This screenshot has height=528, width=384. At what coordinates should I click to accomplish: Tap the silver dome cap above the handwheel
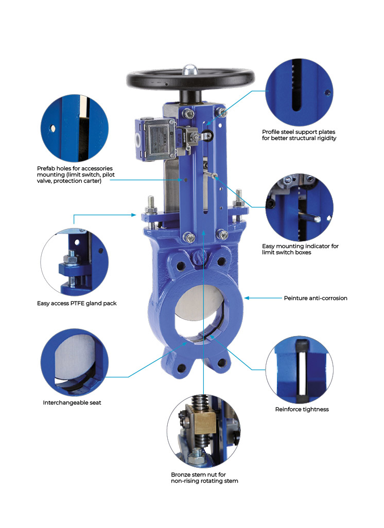[x=189, y=69]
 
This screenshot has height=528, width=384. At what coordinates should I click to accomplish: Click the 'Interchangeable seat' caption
[x=72, y=402]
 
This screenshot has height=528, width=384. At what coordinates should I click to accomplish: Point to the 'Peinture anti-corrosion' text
[x=316, y=298]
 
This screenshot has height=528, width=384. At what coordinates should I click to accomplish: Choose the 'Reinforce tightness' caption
[x=302, y=409]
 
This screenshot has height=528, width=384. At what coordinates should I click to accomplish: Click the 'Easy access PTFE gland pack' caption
[x=77, y=304]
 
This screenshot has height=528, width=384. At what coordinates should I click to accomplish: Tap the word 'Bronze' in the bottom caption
[x=180, y=474]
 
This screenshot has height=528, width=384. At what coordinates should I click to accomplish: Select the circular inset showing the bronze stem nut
[x=203, y=431]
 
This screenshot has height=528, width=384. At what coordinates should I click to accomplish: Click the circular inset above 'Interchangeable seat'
[x=75, y=362]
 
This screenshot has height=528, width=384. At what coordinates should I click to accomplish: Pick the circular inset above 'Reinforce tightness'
[x=300, y=369]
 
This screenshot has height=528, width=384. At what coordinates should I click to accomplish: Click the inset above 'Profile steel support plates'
[x=300, y=93]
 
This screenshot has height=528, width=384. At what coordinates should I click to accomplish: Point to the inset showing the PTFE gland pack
[x=75, y=262]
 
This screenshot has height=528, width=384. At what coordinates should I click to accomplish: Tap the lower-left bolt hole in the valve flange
[x=182, y=367]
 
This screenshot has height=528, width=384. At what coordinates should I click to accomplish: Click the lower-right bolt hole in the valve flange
[x=222, y=363]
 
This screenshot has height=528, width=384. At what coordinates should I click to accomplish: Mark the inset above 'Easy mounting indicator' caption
[x=300, y=207]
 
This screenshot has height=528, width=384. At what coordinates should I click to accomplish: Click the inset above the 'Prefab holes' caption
[x=75, y=128]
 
